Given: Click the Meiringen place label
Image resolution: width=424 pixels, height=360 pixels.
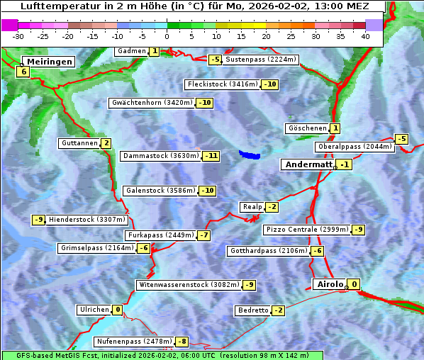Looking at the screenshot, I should pyautogui.click(x=48, y=62).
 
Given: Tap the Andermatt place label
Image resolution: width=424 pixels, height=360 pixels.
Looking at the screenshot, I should pyautogui.click(x=308, y=164).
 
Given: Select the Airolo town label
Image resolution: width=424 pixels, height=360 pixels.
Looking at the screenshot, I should pyautogui.click(x=329, y=284).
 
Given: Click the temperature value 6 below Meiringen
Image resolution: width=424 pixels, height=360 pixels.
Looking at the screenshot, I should pyautogui.click(x=23, y=72).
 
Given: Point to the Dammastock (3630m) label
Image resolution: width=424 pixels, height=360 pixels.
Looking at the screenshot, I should pyautogui.click(x=160, y=156).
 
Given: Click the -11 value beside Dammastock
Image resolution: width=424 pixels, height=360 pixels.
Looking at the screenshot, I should pyautogui.click(x=211, y=156).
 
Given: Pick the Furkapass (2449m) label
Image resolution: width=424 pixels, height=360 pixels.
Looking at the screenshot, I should pyautogui.click(x=160, y=235).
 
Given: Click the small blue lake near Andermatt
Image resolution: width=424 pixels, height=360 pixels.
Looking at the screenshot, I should pyautogui.click(x=250, y=154).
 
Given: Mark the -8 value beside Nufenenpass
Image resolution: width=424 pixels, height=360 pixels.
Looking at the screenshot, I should pyautogui.click(x=182, y=342).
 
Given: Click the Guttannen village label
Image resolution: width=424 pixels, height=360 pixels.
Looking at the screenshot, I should pyautogui.click(x=79, y=143).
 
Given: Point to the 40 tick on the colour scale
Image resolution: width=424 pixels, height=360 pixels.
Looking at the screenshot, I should pyautogui.click(x=365, y=36).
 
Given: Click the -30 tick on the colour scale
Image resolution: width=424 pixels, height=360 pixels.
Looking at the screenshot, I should pyautogui.click(x=18, y=36).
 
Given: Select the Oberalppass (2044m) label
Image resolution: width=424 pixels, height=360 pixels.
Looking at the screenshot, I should pyautogui.click(x=354, y=147).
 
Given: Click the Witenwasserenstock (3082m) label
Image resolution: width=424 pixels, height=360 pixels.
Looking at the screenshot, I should pyautogui.click(x=189, y=285).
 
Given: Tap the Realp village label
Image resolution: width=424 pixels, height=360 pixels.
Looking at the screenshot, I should pyautogui.click(x=252, y=207).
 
